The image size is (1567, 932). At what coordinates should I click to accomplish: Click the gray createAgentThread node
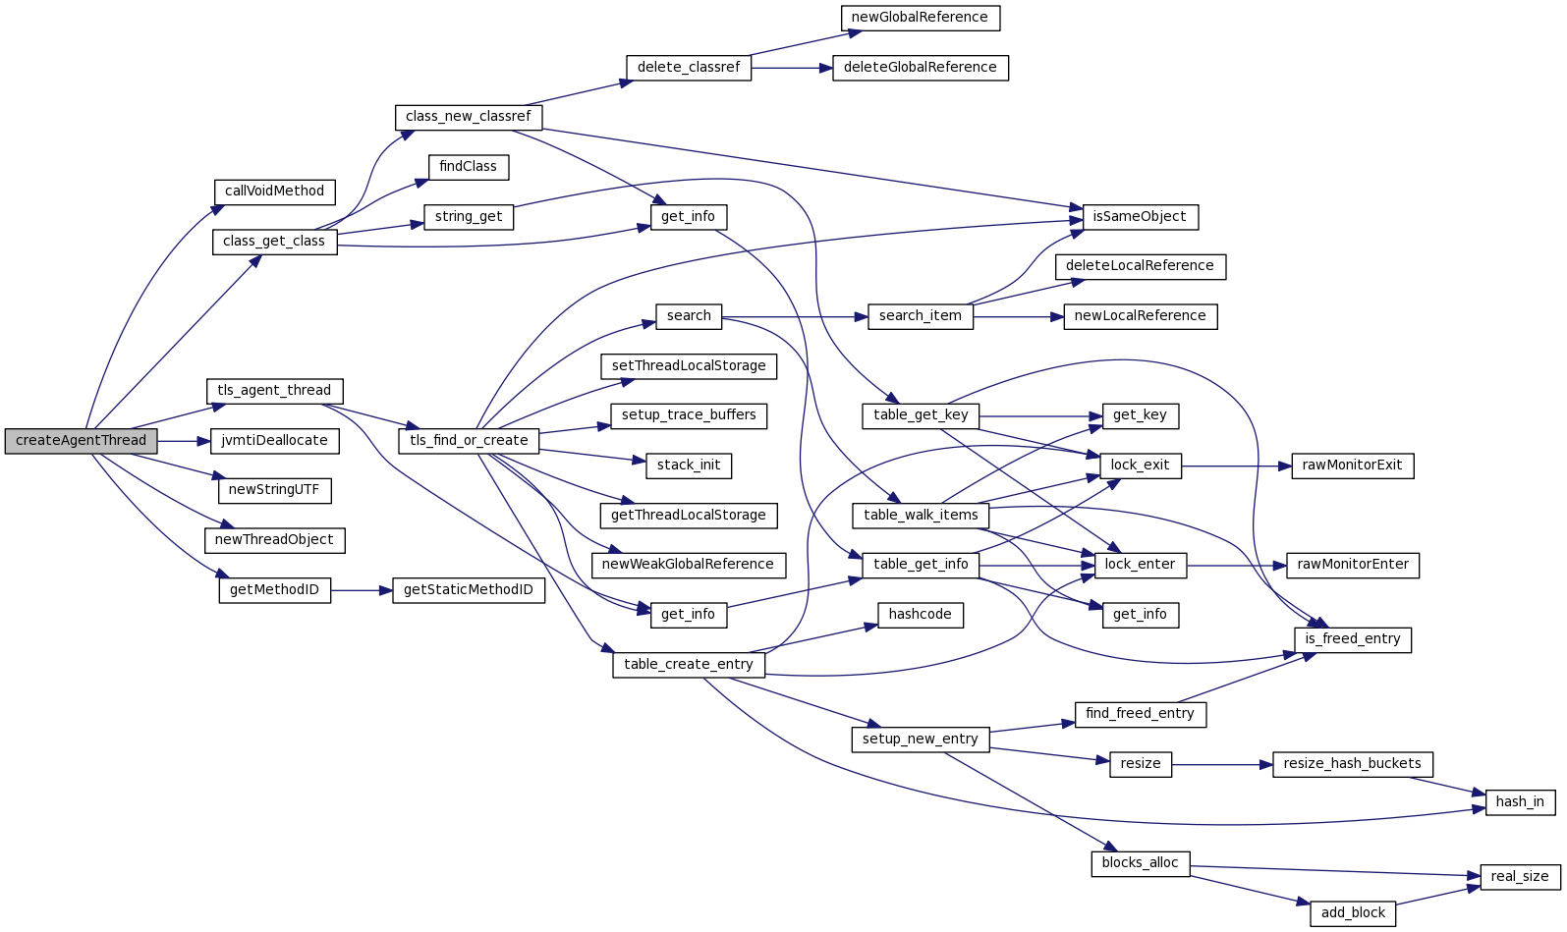(81, 441)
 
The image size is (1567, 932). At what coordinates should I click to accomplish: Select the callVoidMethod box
(274, 192)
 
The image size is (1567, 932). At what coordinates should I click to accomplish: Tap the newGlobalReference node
(920, 18)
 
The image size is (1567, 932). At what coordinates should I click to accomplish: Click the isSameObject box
(1139, 217)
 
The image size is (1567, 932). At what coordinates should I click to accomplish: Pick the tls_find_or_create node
(469, 441)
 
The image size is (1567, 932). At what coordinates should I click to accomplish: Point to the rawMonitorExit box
(1352, 466)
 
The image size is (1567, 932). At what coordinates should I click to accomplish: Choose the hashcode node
(920, 615)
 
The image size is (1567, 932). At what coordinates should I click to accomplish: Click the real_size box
(1519, 877)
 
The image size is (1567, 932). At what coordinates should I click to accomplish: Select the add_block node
(1353, 913)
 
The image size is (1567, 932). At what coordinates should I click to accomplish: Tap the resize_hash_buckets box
(1352, 764)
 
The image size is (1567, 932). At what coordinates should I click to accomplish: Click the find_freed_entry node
(1140, 714)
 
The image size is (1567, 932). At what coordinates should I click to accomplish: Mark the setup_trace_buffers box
(688, 415)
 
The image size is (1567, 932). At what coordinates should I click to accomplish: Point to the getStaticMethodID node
(468, 590)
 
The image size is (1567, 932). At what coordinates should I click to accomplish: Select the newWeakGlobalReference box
(688, 565)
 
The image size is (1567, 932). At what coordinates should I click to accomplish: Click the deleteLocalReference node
(1140, 266)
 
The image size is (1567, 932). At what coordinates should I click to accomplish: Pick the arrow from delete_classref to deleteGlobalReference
(792, 68)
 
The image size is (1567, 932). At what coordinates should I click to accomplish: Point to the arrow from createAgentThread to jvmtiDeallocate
(184, 441)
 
